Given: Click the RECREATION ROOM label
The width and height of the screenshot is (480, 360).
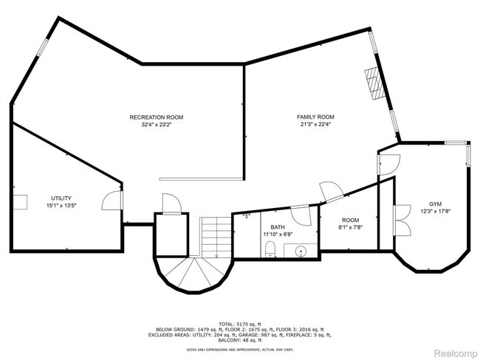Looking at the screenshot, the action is click(x=157, y=117).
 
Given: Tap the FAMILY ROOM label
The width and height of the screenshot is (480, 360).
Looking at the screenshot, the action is click(x=315, y=117).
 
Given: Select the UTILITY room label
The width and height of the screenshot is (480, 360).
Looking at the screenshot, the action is click(x=61, y=198).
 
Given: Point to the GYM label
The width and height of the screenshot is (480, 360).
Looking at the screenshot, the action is click(x=435, y=204).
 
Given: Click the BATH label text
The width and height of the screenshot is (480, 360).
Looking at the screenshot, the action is click(x=278, y=227).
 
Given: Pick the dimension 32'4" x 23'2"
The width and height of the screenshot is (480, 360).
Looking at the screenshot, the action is click(x=157, y=125).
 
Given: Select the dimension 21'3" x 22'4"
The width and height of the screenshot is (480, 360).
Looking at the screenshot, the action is click(x=315, y=124).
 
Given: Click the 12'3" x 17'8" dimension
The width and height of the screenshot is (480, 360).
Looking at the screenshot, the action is click(x=435, y=211).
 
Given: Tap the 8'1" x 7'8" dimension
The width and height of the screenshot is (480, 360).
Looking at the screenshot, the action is click(x=351, y=227).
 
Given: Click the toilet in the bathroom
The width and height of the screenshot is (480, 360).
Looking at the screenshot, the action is click(x=270, y=249).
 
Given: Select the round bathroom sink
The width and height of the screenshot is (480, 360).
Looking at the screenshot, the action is click(x=301, y=252).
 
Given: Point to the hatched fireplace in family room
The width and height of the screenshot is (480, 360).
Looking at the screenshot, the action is click(x=374, y=83).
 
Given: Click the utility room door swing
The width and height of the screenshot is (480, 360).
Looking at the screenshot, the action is click(x=112, y=200).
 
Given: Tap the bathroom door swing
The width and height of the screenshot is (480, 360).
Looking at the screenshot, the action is click(x=301, y=215).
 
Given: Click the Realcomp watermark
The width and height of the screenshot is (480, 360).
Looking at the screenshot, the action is click(x=456, y=353).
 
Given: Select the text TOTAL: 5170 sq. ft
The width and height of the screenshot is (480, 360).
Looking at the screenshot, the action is click(x=240, y=324).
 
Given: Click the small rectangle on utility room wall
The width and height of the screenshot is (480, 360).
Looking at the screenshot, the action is click(x=20, y=202).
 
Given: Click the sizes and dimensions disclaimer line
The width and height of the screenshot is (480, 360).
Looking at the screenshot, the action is click(x=240, y=349).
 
